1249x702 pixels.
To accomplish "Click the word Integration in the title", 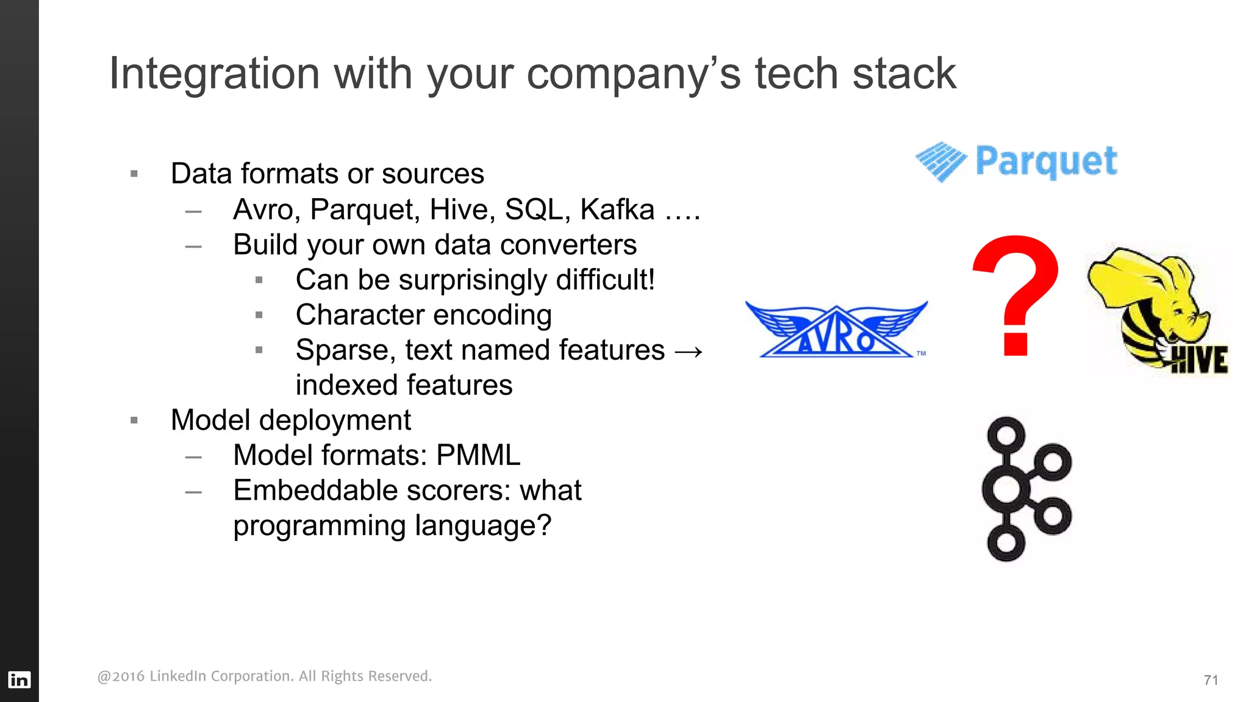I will pyautogui.click(x=214, y=74).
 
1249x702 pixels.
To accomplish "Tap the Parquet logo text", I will pyautogui.click(x=1046, y=161).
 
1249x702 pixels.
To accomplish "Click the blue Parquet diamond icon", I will pyautogui.click(x=940, y=161).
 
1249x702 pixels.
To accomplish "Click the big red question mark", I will pyautogui.click(x=1016, y=296).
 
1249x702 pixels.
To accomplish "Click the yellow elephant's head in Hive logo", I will pyautogui.click(x=1153, y=286).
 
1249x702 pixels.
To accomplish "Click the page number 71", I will pyautogui.click(x=1211, y=680).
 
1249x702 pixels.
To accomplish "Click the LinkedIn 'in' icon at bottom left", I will pyautogui.click(x=19, y=679).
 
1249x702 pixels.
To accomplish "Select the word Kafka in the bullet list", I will pyautogui.click(x=617, y=210).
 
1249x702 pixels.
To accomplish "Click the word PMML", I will pyautogui.click(x=478, y=455).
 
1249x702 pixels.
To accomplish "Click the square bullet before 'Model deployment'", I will pyautogui.click(x=134, y=420).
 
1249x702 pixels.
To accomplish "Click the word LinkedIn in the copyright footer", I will pyautogui.click(x=177, y=676).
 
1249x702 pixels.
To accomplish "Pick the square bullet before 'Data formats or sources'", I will pyautogui.click(x=134, y=174).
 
